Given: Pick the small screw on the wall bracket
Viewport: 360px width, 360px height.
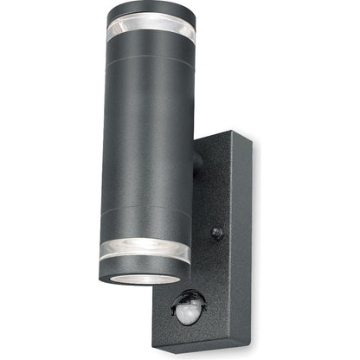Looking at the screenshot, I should tap(217, 234).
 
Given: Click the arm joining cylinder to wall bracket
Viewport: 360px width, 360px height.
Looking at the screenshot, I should tap(198, 160).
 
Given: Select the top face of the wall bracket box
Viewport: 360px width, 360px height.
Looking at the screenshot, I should tap(227, 137).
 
